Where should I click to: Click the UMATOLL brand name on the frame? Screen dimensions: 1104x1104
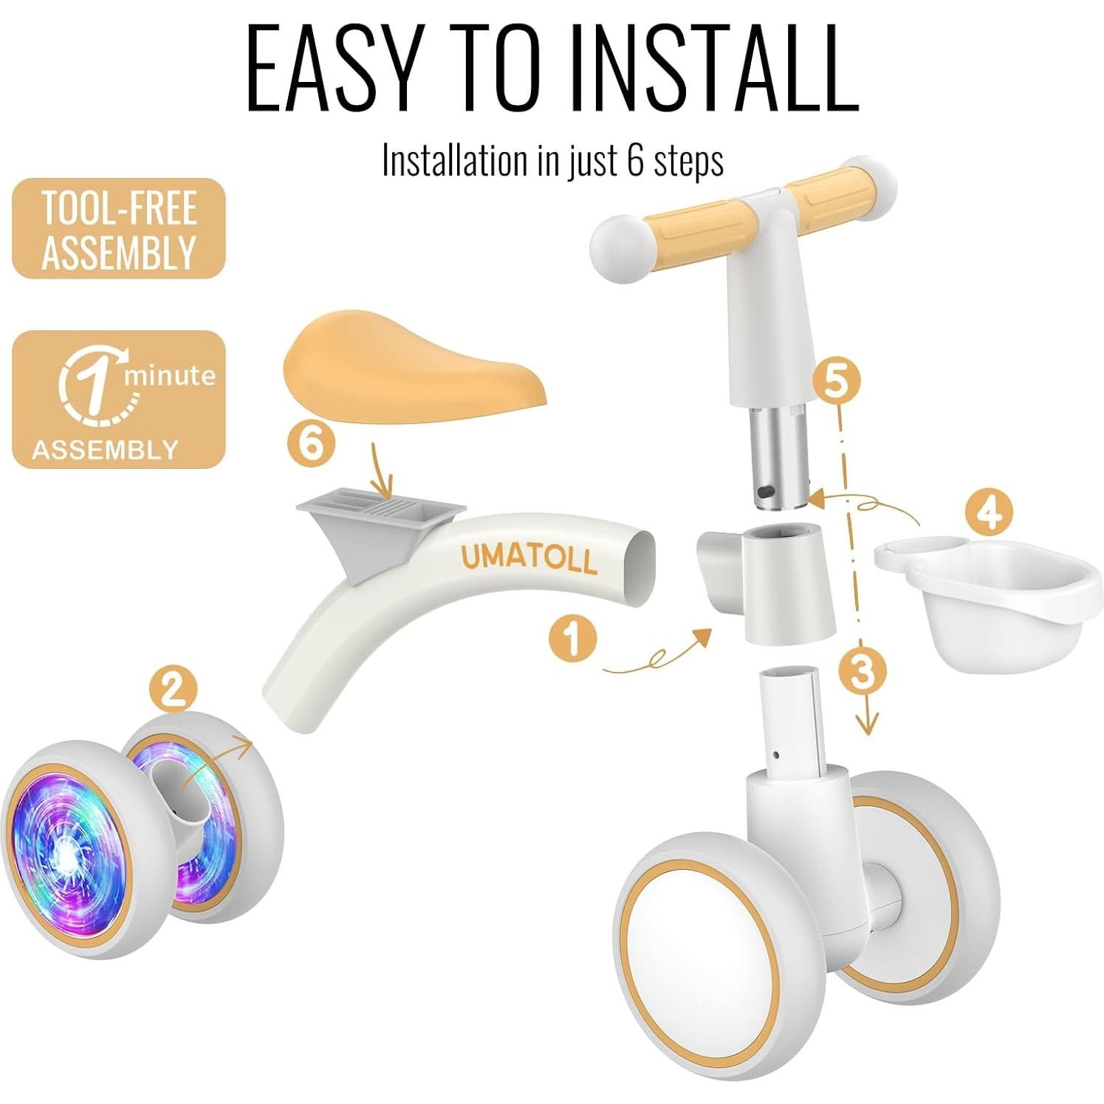[x=529, y=558]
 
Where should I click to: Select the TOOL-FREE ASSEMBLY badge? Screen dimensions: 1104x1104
[x=118, y=229]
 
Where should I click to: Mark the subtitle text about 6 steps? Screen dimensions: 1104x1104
[x=552, y=160]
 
